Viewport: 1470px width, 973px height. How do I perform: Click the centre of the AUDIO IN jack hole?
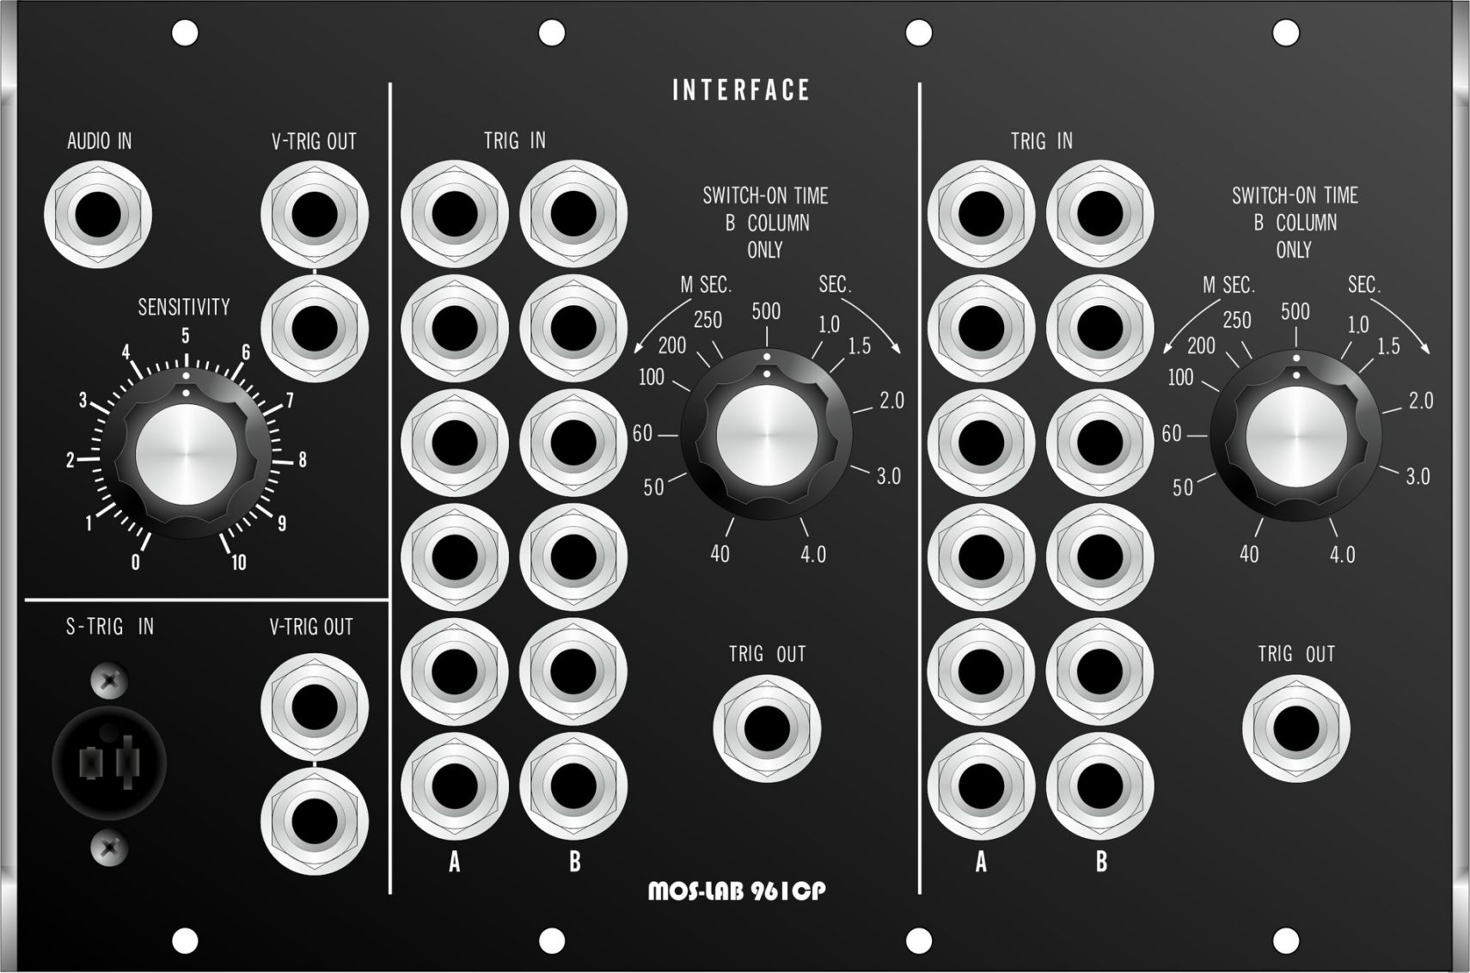pos(98,215)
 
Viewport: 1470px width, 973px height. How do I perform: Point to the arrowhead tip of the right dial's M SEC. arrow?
pos(1164,354)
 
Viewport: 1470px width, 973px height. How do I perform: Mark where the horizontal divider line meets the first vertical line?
pos(390,600)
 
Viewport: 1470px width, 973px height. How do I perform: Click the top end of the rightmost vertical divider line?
pos(920,83)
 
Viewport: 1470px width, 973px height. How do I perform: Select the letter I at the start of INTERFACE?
pos(676,90)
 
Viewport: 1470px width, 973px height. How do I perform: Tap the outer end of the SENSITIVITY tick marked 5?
pos(187,355)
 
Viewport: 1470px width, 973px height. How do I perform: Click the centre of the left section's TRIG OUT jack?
pos(767,729)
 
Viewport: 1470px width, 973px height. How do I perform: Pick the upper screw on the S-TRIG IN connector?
pos(109,682)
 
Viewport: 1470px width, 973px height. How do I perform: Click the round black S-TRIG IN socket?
pos(109,764)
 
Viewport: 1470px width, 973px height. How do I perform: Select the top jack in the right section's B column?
pos(1099,214)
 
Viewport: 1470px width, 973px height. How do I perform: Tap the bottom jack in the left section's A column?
pos(454,786)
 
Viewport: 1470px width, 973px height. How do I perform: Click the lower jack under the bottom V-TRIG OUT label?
pos(314,822)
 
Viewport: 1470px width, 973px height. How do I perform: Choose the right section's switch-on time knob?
pos(1296,435)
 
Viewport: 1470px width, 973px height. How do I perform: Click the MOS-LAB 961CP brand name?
pos(737,891)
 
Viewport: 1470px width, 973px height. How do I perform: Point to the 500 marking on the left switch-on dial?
pos(766,312)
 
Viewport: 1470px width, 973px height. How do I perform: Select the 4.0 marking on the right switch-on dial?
pos(1342,555)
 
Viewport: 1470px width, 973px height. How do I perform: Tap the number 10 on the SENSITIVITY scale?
pos(238,562)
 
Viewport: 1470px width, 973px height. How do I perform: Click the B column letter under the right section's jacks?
pos(1101,860)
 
